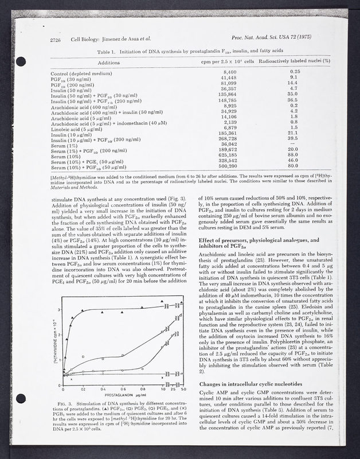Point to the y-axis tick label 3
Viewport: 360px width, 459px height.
point(61,310)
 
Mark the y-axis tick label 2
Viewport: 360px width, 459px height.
point(61,335)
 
